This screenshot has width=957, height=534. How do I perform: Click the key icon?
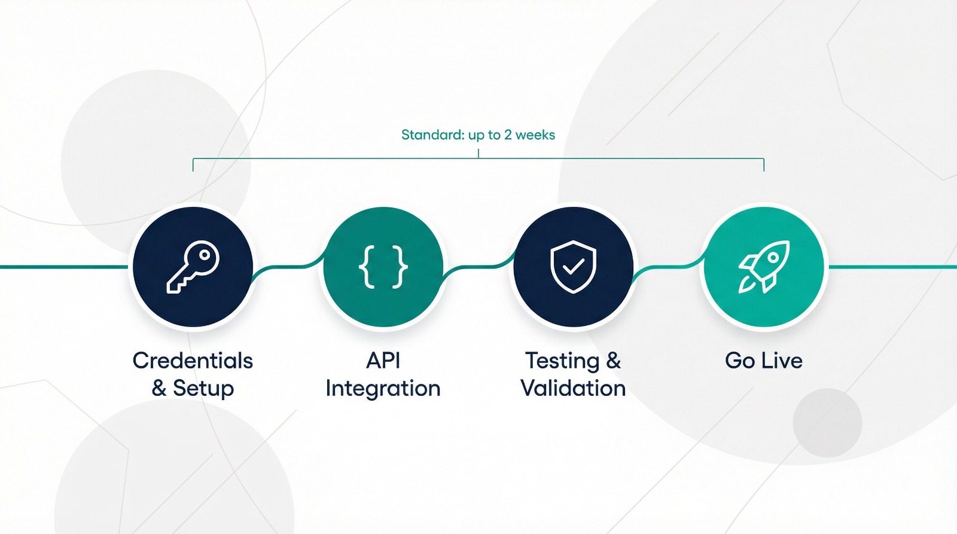tap(193, 267)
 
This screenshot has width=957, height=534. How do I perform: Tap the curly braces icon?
tap(383, 267)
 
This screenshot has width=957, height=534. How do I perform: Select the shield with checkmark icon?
tap(574, 267)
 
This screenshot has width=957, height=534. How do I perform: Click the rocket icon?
tap(764, 267)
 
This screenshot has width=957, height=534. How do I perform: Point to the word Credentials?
tap(193, 360)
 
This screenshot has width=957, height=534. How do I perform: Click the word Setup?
tap(203, 388)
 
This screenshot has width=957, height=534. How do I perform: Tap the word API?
tap(383, 360)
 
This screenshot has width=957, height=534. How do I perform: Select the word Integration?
tap(383, 389)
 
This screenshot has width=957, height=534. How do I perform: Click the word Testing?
tap(562, 361)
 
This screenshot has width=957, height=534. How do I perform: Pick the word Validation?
tap(574, 388)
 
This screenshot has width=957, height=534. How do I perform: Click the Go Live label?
tap(764, 360)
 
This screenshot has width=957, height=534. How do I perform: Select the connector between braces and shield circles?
tap(478, 267)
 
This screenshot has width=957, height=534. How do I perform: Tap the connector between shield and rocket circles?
tap(669, 267)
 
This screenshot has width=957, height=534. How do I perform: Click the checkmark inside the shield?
tap(574, 267)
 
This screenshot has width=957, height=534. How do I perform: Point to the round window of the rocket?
tap(773, 258)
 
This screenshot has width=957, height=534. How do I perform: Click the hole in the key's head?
tap(205, 255)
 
